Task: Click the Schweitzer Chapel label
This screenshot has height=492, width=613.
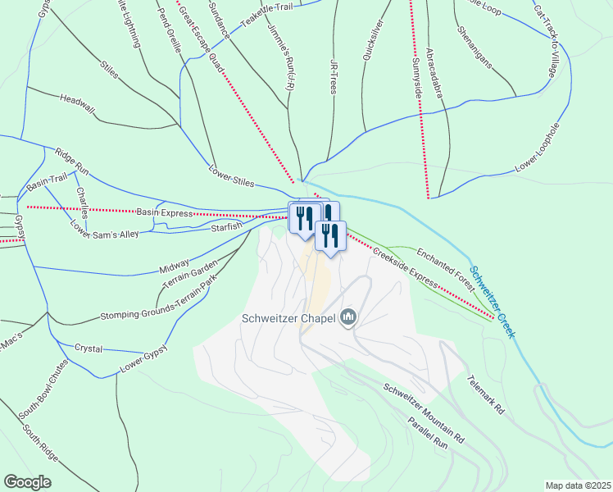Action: coord(288,319)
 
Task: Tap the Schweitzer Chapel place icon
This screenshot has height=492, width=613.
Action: coord(348,317)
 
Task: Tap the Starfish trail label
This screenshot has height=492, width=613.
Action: coord(226,227)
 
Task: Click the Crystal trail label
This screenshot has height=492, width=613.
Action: coord(89,348)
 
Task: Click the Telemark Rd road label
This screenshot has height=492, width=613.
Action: coord(484,397)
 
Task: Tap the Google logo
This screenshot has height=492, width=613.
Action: coord(28,481)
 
